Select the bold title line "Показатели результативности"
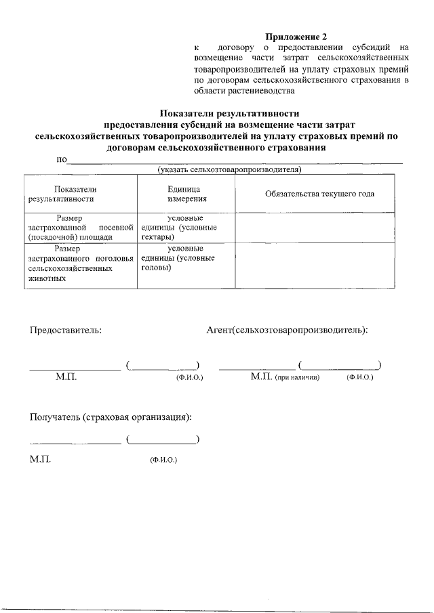(229, 114)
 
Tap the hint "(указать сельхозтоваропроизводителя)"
(229, 169)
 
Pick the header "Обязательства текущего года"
(320, 194)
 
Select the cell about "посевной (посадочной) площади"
(80, 228)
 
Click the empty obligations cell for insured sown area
(320, 228)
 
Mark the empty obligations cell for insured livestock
(320, 267)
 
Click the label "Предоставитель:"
(65, 331)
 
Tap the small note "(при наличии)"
(297, 377)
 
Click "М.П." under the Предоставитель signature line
(66, 377)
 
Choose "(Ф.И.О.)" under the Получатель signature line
(163, 460)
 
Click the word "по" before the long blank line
(62, 160)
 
